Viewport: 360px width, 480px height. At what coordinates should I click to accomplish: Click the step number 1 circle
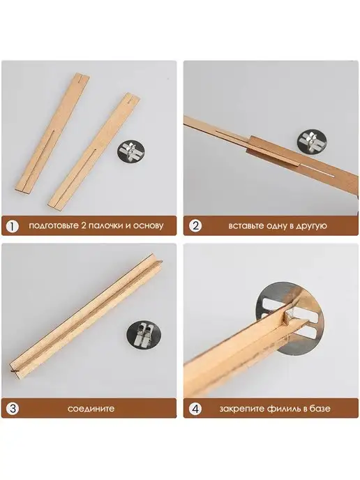point(13,227)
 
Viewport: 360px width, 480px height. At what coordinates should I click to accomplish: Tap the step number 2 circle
point(195,226)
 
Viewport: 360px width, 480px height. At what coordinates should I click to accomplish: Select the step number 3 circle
point(13,409)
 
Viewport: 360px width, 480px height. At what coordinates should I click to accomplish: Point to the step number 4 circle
point(195,409)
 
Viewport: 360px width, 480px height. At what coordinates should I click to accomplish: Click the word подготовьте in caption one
point(54,226)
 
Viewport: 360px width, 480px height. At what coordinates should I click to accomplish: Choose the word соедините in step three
point(91,409)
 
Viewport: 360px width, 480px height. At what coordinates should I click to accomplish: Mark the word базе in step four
point(320,409)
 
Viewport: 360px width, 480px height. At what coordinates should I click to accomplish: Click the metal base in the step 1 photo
point(131,151)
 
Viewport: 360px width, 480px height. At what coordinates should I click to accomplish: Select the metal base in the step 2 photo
point(310,142)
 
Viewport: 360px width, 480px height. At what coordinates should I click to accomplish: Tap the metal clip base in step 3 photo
point(144,335)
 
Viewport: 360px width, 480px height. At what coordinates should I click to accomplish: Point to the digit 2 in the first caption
point(84,225)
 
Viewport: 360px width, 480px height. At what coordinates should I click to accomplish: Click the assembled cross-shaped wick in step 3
point(86,314)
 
